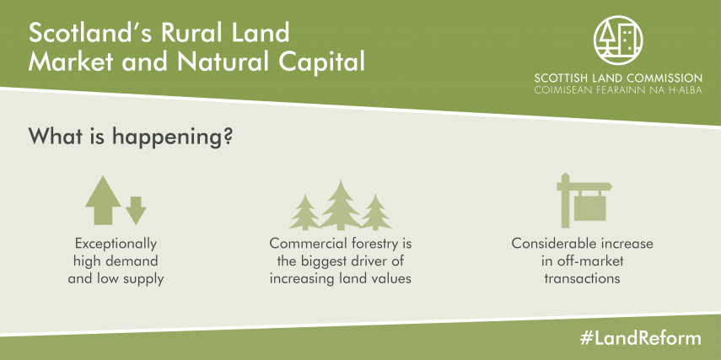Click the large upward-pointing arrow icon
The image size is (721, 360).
103,201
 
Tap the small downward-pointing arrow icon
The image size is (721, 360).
136,211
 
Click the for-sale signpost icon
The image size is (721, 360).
584,201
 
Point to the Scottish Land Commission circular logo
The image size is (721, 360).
618,40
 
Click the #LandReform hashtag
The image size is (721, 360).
641,339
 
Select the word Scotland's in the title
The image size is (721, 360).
88,33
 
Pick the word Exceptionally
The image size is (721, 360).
116,244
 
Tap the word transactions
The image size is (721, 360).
582,278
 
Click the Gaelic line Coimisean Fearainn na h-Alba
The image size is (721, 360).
618,90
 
